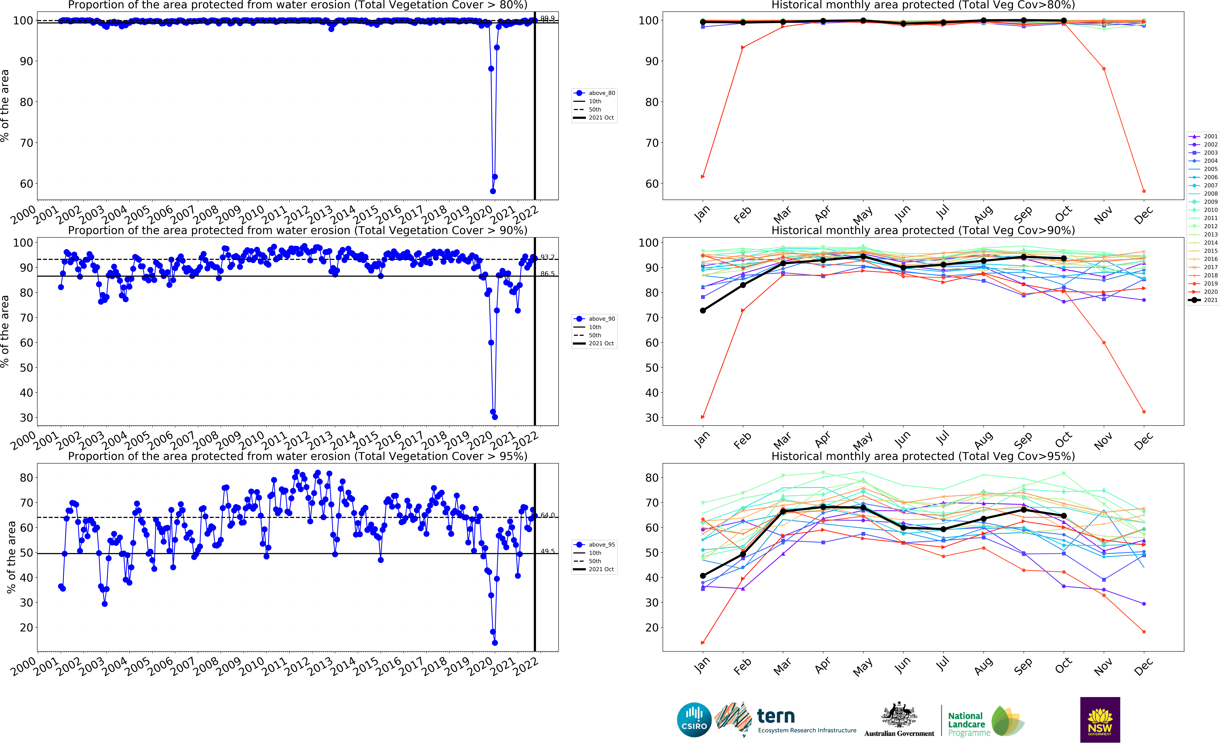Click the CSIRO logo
click(x=694, y=720)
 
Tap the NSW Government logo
click(x=1100, y=720)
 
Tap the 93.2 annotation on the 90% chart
click(x=547, y=257)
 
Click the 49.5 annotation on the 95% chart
click(x=547, y=551)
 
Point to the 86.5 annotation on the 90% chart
click(x=547, y=274)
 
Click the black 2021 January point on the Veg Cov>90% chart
click(x=702, y=310)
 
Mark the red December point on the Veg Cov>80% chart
click(x=1143, y=191)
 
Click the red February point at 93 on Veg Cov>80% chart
click(x=743, y=48)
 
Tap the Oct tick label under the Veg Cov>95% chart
click(x=1063, y=665)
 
